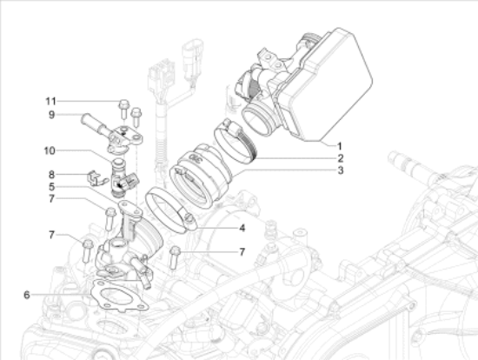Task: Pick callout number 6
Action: [x=27, y=295]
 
